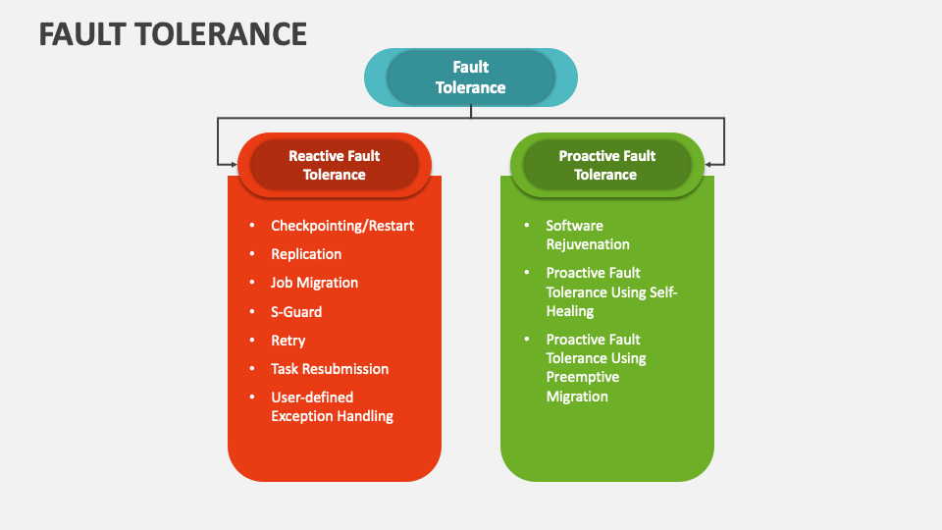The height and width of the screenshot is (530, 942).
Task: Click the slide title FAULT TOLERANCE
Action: pyautogui.click(x=173, y=33)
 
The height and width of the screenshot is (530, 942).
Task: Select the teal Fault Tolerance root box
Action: pyautogui.click(x=471, y=78)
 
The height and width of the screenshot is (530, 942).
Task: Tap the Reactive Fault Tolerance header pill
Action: pyautogui.click(x=334, y=165)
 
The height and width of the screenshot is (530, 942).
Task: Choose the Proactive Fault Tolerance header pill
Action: pyautogui.click(x=605, y=165)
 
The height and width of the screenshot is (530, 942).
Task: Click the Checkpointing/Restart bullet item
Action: pyautogui.click(x=342, y=226)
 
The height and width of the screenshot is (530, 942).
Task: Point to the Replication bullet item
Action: pyautogui.click(x=306, y=254)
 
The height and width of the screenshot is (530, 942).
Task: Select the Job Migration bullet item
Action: pyautogui.click(x=314, y=283)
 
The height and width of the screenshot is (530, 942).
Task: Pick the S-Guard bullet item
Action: pyautogui.click(x=296, y=312)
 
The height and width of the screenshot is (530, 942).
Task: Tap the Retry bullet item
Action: pyautogui.click(x=288, y=341)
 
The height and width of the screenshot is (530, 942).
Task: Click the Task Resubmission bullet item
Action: pyautogui.click(x=330, y=369)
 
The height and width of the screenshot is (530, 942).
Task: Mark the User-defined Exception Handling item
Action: pyautogui.click(x=332, y=406)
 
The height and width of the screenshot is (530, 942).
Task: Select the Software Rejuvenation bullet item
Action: pyautogui.click(x=588, y=235)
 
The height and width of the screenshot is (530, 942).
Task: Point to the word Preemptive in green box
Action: pyautogui.click(x=583, y=378)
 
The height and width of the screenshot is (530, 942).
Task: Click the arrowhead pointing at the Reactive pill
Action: pyautogui.click(x=233, y=164)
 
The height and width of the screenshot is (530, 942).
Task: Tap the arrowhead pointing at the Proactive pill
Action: pyautogui.click(x=709, y=164)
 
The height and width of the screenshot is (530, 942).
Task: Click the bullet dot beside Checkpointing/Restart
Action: pyautogui.click(x=252, y=226)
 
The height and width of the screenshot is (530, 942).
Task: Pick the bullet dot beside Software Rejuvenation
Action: pyautogui.click(x=527, y=226)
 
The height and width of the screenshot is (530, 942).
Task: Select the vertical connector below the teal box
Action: pyautogui.click(x=471, y=112)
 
